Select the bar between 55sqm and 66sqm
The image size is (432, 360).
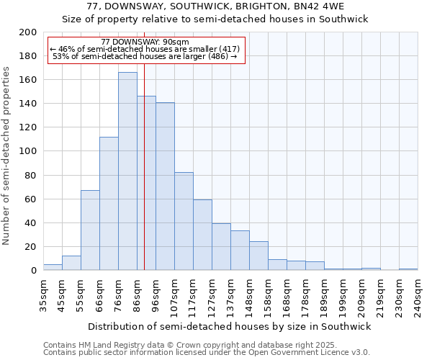tap(90, 230)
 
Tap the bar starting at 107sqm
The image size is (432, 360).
tap(184, 221)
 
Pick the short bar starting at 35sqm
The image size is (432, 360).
tap(53, 267)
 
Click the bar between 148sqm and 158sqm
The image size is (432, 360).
tap(258, 256)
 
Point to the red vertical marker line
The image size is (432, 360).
tap(144, 180)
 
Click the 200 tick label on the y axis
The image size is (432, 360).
tap(28, 32)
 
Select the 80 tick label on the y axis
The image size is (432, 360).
tap(31, 175)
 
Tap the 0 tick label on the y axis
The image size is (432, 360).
tap(34, 270)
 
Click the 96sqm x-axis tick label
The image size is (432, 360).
tap(156, 295)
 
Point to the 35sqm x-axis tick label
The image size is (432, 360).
tap(43, 295)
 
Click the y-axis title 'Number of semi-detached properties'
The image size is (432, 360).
tap(7, 156)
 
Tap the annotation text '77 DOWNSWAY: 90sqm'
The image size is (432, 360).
tap(145, 42)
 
